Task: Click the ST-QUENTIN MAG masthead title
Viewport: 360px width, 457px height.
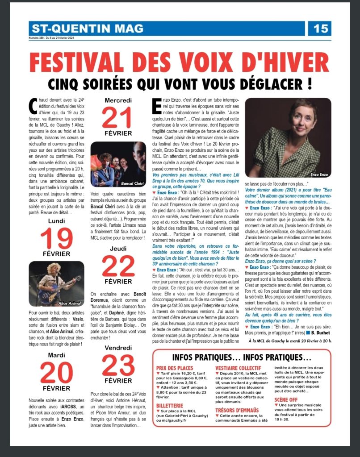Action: click(88, 29)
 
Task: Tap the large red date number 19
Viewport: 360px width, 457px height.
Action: click(56, 239)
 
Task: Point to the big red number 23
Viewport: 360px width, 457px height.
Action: click(118, 366)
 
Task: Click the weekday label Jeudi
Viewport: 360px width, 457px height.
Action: click(118, 249)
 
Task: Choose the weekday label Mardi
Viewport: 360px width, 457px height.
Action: click(56, 355)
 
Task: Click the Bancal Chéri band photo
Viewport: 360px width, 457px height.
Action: click(118, 164)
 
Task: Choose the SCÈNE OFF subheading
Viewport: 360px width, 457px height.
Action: click(286, 399)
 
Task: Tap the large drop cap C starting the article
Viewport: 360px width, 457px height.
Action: click(33, 105)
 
